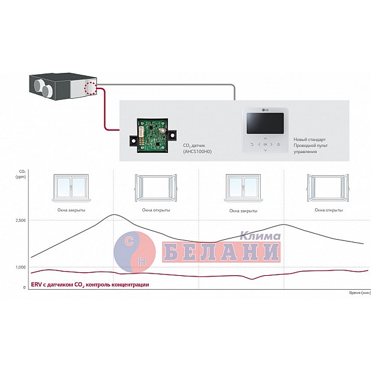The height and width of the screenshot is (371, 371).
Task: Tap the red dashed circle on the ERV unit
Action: [91, 89]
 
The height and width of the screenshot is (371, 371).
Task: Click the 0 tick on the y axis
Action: [23, 287]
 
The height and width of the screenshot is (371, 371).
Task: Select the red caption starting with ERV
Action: [90, 284]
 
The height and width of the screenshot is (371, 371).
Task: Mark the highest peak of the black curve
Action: [114, 214]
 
